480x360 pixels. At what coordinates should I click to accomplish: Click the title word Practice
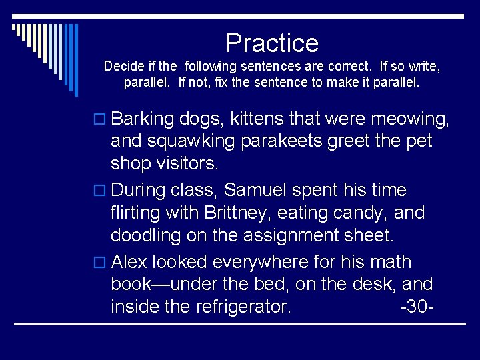pyautogui.click(x=272, y=43)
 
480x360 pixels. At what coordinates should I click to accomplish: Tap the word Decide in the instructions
pyautogui.click(x=121, y=67)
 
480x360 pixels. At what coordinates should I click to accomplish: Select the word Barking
pyautogui.click(x=143, y=119)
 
